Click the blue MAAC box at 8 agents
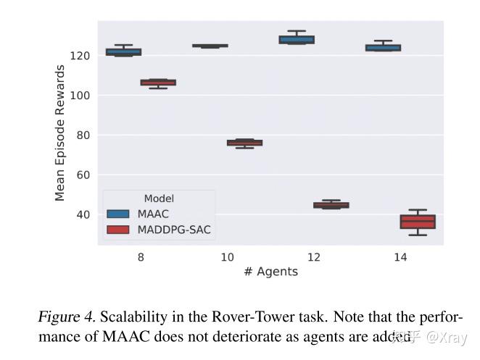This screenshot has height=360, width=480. coord(123,52)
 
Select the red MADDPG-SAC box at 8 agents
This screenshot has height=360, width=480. coord(158,83)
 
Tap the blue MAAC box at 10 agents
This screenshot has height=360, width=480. coord(210,46)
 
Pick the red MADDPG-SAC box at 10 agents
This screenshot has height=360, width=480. coord(245,143)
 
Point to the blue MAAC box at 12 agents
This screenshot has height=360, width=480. coord(297,40)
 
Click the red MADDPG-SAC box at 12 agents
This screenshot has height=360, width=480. coord(331,205)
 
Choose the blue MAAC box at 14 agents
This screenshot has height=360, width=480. coord(383,48)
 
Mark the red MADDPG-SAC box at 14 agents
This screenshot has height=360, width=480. coord(418,222)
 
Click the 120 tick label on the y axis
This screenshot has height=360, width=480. coord(80,56)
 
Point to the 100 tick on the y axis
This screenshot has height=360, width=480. coord(80,96)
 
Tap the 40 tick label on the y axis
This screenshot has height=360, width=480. coord(83,215)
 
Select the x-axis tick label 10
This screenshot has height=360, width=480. coord(228,257)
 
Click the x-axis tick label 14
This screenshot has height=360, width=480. coord(400,257)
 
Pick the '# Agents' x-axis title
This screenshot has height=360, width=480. coord(270,272)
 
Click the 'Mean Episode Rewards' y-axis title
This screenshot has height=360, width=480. coord(61,133)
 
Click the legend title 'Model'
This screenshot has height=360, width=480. coord(159,198)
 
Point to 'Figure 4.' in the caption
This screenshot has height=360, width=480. coord(67,318)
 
